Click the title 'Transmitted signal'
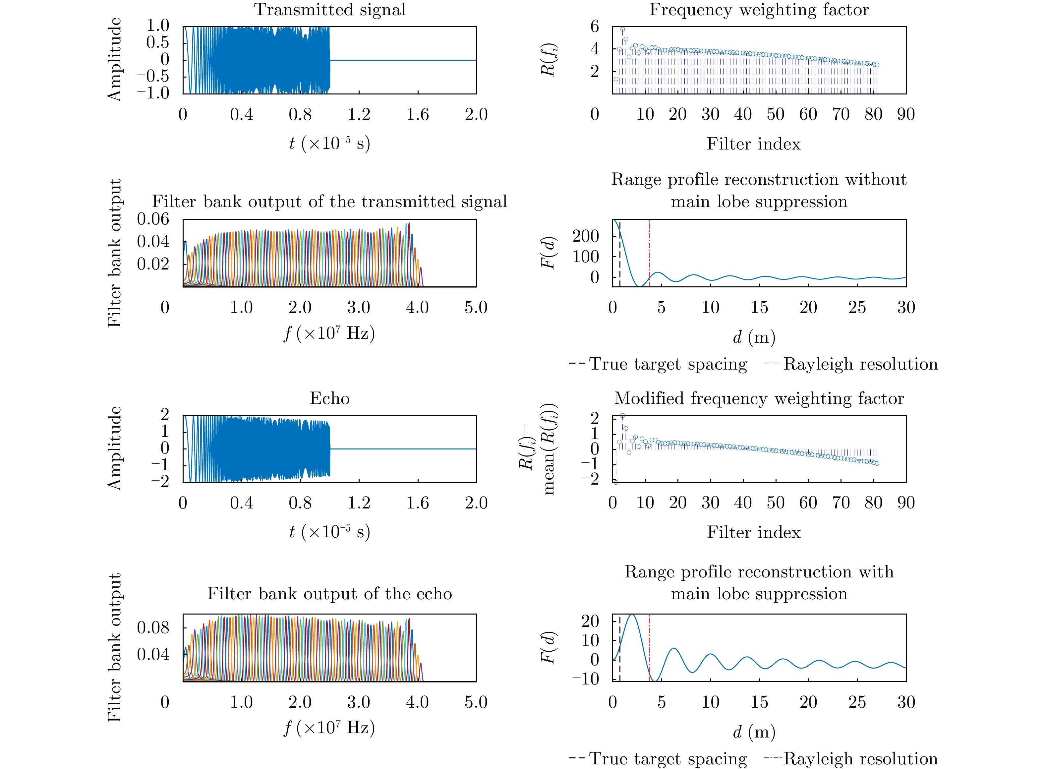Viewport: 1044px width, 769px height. (329, 10)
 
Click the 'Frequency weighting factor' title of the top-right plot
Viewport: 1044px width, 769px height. (759, 10)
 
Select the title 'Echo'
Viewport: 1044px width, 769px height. (329, 398)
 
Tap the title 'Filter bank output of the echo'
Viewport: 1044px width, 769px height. (329, 594)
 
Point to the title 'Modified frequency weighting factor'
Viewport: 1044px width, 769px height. (759, 398)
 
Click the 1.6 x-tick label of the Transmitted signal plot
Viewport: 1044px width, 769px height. (418, 114)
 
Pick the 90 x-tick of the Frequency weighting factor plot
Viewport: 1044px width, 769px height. (906, 114)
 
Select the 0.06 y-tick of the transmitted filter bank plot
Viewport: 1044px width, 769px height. (153, 219)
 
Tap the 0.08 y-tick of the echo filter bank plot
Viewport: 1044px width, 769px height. (153, 628)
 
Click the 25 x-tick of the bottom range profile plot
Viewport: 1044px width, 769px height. (857, 702)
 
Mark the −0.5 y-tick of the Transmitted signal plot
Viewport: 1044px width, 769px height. (153, 76)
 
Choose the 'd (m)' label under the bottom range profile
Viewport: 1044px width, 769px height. (754, 732)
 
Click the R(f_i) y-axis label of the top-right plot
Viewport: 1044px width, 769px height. (548, 60)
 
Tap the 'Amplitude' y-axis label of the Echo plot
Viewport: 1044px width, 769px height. (114, 448)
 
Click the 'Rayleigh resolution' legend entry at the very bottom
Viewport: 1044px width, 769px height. (860, 759)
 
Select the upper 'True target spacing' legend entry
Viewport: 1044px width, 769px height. (668, 364)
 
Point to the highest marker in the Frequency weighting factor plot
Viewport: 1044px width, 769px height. (622, 29)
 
